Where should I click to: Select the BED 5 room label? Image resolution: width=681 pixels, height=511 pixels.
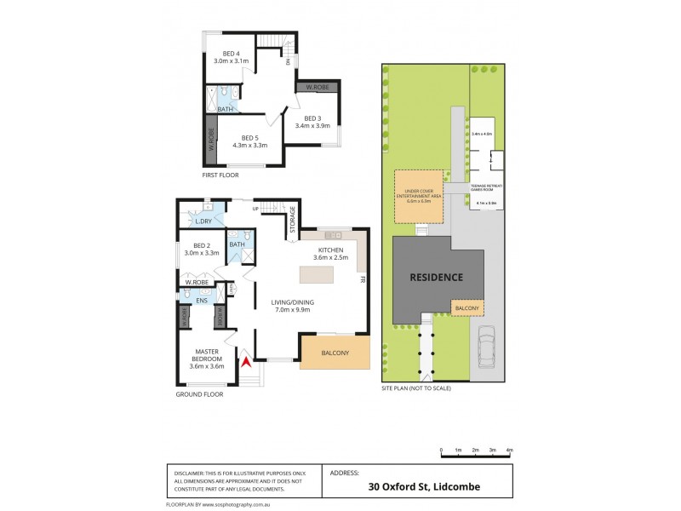point(249,141)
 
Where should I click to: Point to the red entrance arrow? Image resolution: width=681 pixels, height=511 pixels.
point(246,361)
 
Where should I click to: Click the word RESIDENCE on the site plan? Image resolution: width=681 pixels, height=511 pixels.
point(435,278)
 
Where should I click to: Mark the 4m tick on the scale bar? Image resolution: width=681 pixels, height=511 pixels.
point(510,450)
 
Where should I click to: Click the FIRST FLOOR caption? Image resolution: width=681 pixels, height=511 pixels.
point(220,175)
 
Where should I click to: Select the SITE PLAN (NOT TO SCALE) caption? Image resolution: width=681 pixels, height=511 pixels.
point(416,388)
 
